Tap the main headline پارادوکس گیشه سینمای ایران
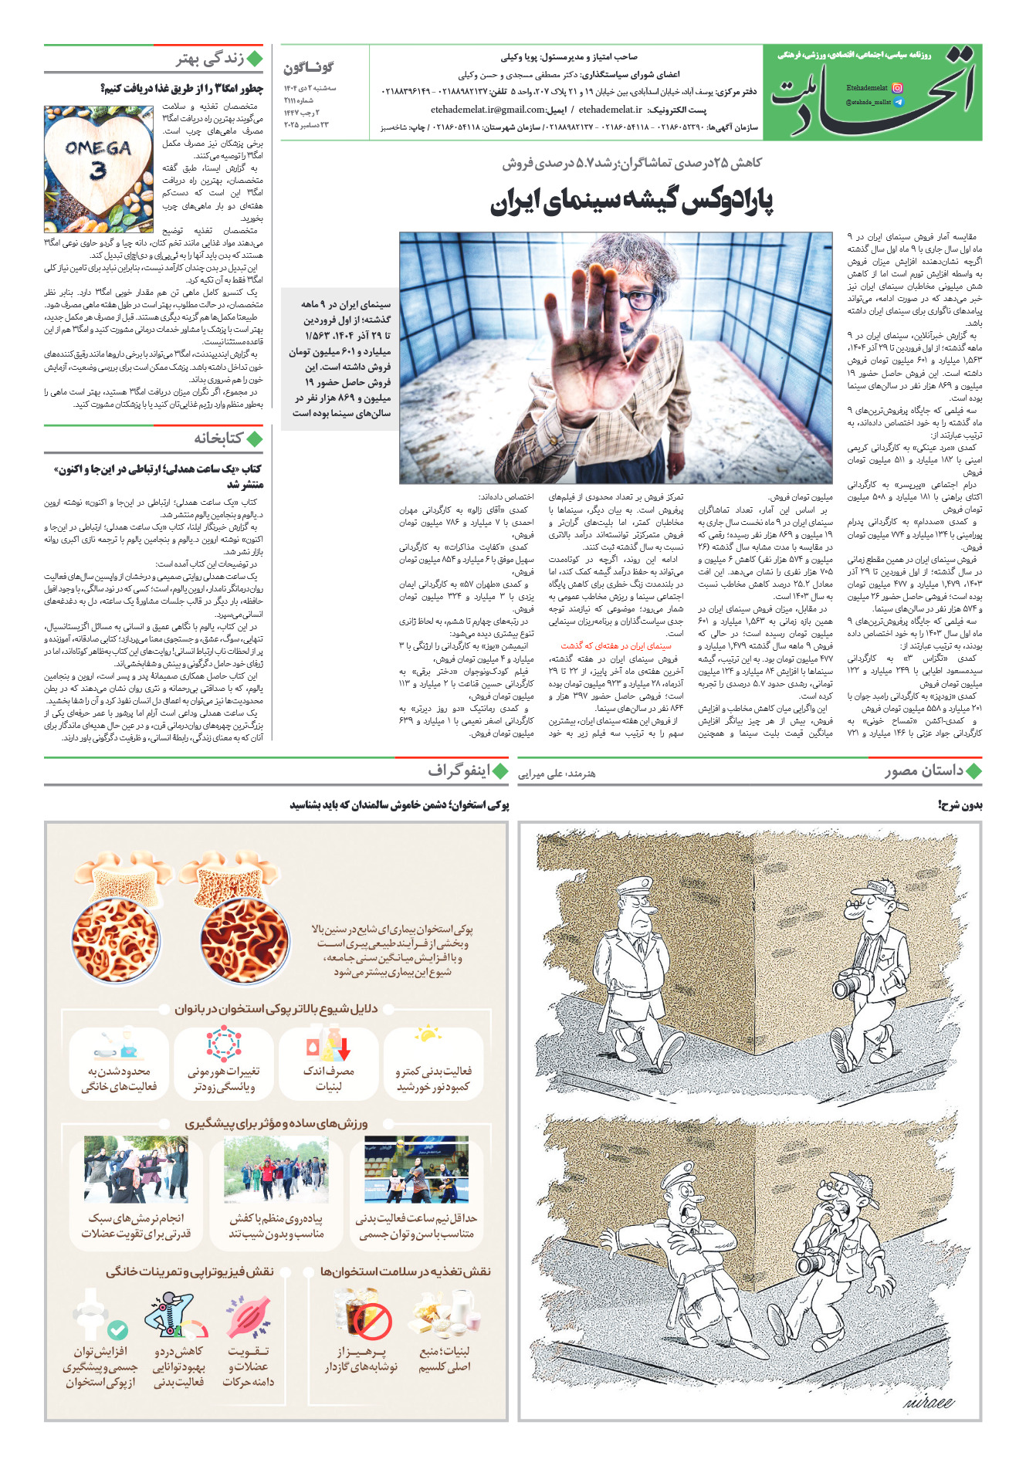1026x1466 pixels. (x=632, y=201)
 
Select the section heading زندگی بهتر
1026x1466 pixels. (x=210, y=59)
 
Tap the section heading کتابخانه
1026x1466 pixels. (x=218, y=438)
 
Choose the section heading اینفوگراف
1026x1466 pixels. (x=459, y=770)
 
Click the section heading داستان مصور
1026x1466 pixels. (x=924, y=770)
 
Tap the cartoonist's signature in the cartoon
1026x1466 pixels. (x=928, y=1401)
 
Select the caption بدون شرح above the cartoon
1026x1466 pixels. (x=960, y=805)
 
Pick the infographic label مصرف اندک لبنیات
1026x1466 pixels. (x=328, y=1078)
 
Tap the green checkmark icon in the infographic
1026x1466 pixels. (x=117, y=1330)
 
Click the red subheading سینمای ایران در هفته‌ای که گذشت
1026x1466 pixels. (x=616, y=646)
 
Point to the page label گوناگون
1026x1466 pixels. (x=309, y=68)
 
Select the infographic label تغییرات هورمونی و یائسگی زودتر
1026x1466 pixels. (x=223, y=1078)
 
